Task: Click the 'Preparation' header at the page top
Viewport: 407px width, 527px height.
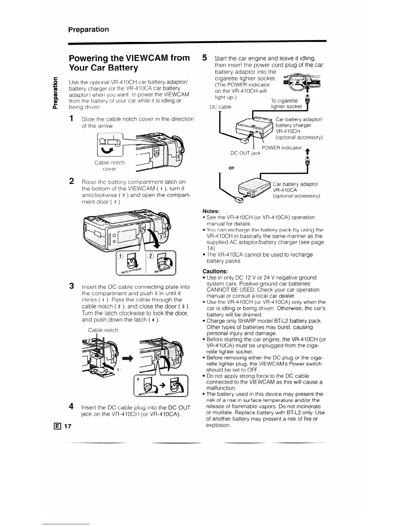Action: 88,30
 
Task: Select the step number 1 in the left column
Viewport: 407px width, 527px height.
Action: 71,119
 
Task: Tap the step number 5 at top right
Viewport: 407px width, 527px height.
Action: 205,58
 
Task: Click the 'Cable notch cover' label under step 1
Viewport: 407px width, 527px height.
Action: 109,165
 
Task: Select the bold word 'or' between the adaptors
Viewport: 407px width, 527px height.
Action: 231,168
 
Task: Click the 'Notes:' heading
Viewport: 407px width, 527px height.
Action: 211,211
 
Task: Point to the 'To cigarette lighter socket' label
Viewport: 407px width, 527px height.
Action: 286,103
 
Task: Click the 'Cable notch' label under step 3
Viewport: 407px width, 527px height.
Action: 103,330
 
